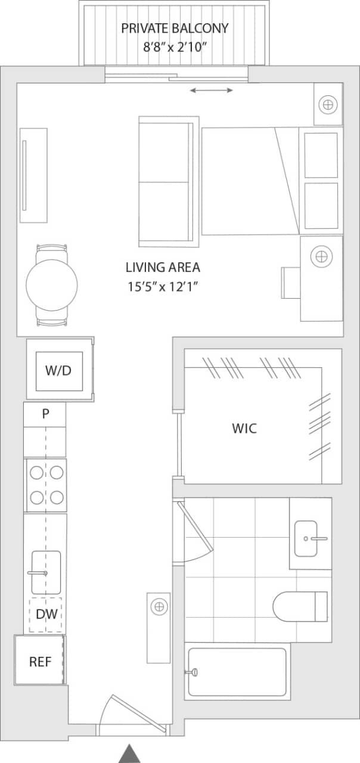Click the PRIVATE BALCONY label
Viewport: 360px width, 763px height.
tap(175, 28)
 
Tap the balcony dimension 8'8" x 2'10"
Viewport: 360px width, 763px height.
tap(175, 46)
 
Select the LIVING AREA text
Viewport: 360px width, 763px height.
tap(163, 268)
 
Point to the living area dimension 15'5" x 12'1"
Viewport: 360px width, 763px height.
tap(163, 287)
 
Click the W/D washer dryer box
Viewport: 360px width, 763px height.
tap(58, 371)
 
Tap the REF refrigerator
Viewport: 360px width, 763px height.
tap(39, 661)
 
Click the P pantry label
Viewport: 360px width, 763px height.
tap(45, 414)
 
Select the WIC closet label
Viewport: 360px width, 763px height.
tap(244, 428)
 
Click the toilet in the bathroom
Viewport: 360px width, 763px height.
tap(300, 606)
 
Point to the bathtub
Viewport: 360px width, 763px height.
tap(237, 672)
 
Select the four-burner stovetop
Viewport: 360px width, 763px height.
tap(46, 485)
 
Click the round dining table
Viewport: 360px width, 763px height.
tap(52, 284)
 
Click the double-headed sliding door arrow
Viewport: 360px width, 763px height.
tap(212, 90)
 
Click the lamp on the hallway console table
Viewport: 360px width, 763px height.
tap(159, 607)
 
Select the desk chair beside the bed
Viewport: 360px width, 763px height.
tap(291, 282)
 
